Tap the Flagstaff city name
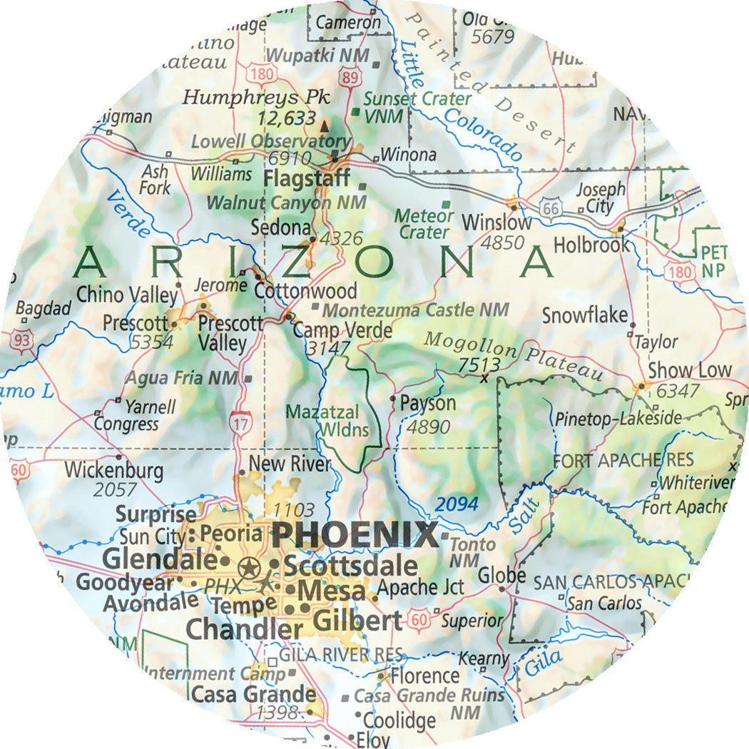[307, 178]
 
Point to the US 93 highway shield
[22, 342]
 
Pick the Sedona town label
[280, 228]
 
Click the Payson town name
[427, 403]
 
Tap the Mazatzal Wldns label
[327, 421]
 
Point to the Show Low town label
[689, 370]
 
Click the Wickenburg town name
[113, 471]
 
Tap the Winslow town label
[496, 222]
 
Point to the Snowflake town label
[584, 315]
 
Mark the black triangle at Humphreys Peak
[325, 126]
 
